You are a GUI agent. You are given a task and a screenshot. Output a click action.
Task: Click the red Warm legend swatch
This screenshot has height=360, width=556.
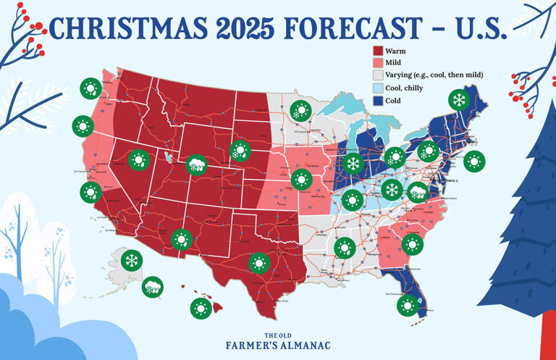pyautogui.click(x=377, y=51)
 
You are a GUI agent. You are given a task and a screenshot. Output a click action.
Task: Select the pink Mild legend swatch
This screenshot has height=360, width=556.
pyautogui.click(x=377, y=63)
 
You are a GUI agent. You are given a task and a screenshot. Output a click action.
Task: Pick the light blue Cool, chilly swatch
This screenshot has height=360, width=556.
pyautogui.click(x=377, y=87)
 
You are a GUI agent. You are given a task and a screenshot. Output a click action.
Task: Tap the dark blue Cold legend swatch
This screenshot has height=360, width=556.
pyautogui.click(x=377, y=99)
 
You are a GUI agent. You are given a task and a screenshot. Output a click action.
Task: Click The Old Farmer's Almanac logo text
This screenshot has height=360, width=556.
pyautogui.click(x=277, y=341)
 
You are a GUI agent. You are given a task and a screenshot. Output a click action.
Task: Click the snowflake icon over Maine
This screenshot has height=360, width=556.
pyautogui.click(x=458, y=99)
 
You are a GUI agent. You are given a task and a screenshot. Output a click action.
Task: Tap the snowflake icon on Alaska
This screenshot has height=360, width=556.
pyautogui.click(x=132, y=260)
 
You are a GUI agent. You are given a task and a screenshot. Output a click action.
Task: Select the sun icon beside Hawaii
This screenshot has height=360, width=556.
pyautogui.click(x=201, y=309)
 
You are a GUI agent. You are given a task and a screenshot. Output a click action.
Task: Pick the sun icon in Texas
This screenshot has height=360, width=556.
pyautogui.click(x=258, y=263)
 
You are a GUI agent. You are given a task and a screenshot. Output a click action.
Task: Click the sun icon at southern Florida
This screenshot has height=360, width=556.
pyautogui.click(x=408, y=306)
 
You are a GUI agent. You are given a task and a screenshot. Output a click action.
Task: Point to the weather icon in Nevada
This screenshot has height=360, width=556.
pyautogui.click(x=138, y=159)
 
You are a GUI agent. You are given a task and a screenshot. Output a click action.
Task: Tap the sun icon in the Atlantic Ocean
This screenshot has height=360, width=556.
pyautogui.click(x=473, y=162)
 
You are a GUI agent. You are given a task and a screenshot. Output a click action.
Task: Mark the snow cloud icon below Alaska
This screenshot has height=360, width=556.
pyautogui.click(x=153, y=287)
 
